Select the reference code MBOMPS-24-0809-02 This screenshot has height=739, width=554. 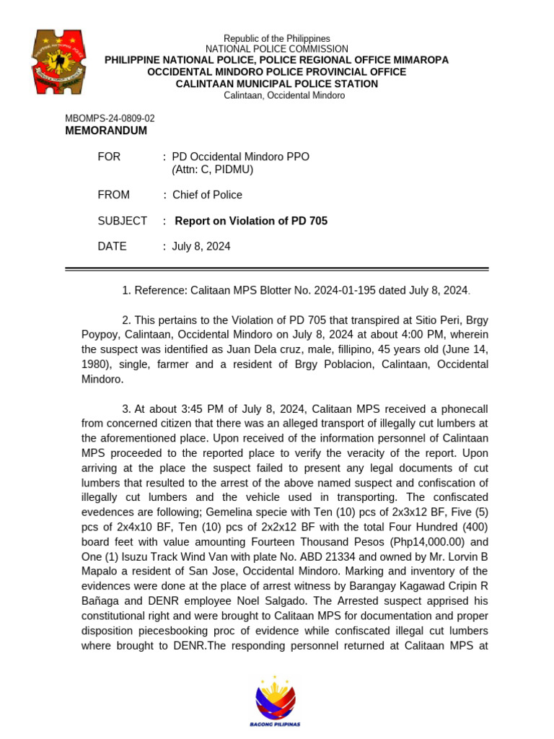coord(110,118)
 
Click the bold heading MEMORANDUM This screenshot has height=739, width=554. coord(106,131)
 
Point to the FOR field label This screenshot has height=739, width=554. coord(109,157)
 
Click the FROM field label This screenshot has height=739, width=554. coord(113,195)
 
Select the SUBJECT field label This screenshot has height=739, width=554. coord(122,221)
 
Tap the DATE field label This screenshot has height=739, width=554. coord(112,246)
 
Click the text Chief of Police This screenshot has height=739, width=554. coord(207,195)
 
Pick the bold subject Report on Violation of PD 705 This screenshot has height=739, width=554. coord(251,221)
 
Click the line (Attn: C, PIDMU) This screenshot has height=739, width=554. coord(213,170)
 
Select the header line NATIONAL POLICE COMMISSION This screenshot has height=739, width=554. coord(276,49)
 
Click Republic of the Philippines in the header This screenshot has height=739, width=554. coord(276,38)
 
